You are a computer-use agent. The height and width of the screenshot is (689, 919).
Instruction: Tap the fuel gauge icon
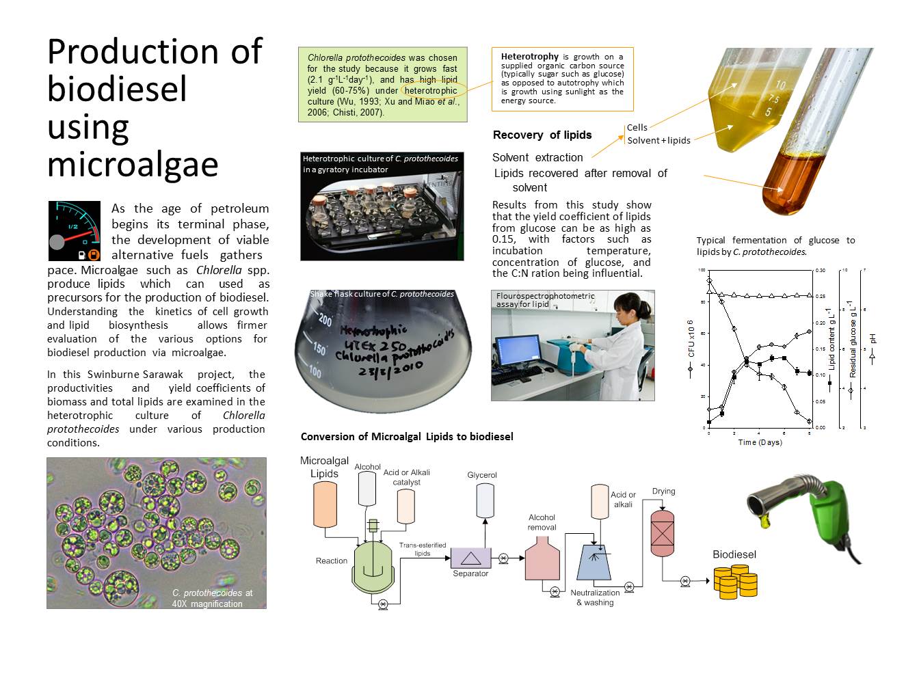coord(75,231)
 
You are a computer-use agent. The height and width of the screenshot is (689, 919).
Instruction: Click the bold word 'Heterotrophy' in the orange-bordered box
coord(530,57)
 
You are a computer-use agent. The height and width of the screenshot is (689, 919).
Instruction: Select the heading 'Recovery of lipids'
coord(542,135)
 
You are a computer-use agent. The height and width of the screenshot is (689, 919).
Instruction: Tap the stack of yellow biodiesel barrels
coord(736,582)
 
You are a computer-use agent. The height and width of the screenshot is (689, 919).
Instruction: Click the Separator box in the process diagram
coord(470,558)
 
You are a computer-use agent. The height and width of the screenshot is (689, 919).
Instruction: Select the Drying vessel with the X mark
coord(663,533)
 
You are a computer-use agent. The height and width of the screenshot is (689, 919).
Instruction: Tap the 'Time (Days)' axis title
coord(760,442)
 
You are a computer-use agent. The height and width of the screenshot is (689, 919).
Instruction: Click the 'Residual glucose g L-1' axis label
coord(853,339)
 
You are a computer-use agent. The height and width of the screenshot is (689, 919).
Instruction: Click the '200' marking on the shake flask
coord(325,321)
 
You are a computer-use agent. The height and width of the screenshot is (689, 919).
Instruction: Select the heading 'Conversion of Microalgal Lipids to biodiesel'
coord(407,437)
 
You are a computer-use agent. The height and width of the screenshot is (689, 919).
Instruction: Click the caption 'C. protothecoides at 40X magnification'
coord(212,598)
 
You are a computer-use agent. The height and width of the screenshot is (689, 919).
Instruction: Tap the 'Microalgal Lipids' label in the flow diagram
coord(324,468)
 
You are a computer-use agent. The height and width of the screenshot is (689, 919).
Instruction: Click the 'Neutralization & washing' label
coord(595,597)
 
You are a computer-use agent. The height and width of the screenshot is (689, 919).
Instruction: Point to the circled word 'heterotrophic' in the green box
coord(430,91)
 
